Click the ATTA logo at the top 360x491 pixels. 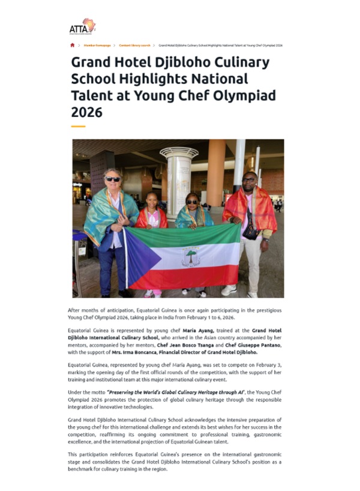82,26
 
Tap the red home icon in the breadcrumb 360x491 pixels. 73,46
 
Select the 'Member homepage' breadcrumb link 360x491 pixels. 97,46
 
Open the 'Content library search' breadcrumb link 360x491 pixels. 134,46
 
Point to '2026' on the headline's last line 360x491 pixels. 87,112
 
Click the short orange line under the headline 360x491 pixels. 78,126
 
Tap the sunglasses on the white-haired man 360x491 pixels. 112,179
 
